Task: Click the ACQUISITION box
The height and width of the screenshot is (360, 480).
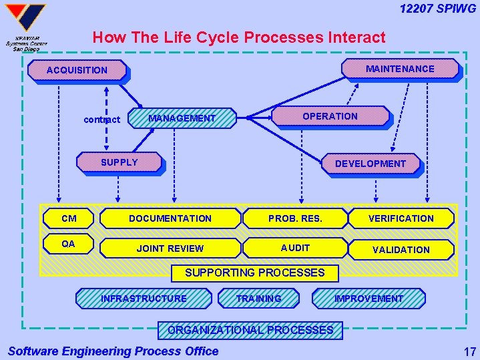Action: [77, 70]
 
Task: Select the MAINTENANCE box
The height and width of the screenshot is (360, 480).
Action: [400, 69]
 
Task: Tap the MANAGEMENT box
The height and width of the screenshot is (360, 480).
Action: [182, 118]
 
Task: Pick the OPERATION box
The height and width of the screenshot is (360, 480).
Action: [330, 116]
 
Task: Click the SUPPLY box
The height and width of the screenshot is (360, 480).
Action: [119, 162]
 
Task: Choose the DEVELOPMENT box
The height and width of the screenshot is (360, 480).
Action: [370, 164]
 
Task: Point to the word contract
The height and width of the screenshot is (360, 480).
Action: [101, 120]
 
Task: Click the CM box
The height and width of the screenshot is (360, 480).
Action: [68, 218]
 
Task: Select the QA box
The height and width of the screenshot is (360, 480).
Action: [68, 244]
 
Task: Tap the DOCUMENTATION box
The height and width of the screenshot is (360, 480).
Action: [170, 218]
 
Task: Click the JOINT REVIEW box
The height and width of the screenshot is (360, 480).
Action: [170, 248]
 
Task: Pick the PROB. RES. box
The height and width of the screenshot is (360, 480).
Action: [295, 218]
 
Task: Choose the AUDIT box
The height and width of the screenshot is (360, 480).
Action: [295, 248]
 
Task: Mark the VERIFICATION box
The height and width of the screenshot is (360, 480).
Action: [401, 218]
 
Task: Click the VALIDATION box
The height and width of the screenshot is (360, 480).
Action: [401, 250]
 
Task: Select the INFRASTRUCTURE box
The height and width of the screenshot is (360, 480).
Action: [144, 299]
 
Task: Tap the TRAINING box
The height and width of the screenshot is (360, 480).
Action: [259, 299]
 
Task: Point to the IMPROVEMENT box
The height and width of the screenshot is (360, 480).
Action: [369, 299]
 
